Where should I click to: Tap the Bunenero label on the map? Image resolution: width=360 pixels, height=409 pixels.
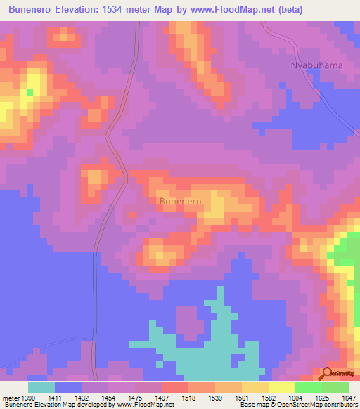(x=181, y=201)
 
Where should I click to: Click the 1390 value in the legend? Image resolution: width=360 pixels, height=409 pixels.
(x=26, y=398)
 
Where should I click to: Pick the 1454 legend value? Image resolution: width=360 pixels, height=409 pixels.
(x=108, y=398)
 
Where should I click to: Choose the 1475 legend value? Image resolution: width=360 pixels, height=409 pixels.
(x=135, y=398)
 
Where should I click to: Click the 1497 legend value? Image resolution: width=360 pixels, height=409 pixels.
(x=162, y=398)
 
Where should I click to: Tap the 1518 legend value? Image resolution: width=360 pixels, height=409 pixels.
(x=188, y=398)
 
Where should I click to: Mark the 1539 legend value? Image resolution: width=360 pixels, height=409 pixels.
(x=215, y=398)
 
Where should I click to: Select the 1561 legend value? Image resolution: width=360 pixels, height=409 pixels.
(x=242, y=398)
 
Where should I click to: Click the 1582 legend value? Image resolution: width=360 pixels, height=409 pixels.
(x=269, y=398)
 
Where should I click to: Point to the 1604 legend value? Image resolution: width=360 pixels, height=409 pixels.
(x=295, y=398)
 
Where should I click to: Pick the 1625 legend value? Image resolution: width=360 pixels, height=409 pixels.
(x=322, y=398)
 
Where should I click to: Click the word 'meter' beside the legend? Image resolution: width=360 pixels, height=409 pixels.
(x=10, y=398)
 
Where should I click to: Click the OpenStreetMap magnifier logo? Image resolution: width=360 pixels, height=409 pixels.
(x=327, y=373)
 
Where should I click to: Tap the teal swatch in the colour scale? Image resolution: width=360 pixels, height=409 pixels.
(x=41, y=387)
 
